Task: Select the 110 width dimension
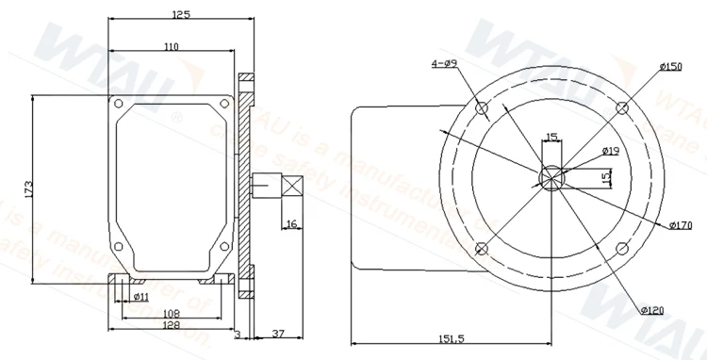[171, 46]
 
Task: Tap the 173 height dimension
[27, 188]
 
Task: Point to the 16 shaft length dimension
[291, 223]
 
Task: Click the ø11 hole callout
[140, 296]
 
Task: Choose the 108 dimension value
[171, 313]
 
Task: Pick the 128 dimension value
[171, 325]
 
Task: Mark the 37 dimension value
[279, 334]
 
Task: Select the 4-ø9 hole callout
[443, 63]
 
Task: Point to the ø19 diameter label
[609, 151]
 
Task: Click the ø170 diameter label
[681, 225]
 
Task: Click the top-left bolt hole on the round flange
[483, 109]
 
